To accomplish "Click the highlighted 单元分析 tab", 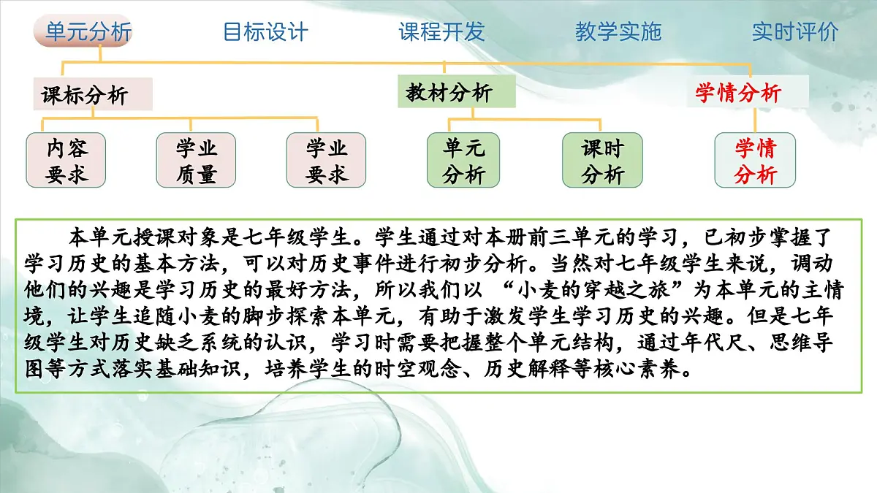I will pos(88,32).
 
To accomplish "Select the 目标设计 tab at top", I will pos(265,32).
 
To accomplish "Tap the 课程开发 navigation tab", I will pos(441,32).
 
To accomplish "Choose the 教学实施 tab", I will pos(618,32).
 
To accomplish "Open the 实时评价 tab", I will pos(795,32).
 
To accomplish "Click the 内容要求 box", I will pos(67,160).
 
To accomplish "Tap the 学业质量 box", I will pos(197,160).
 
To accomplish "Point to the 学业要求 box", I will pos(326,160).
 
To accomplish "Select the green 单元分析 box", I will pos(464,160).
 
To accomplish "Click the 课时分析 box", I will pos(602,160).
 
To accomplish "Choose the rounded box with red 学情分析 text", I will pos(755,160).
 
